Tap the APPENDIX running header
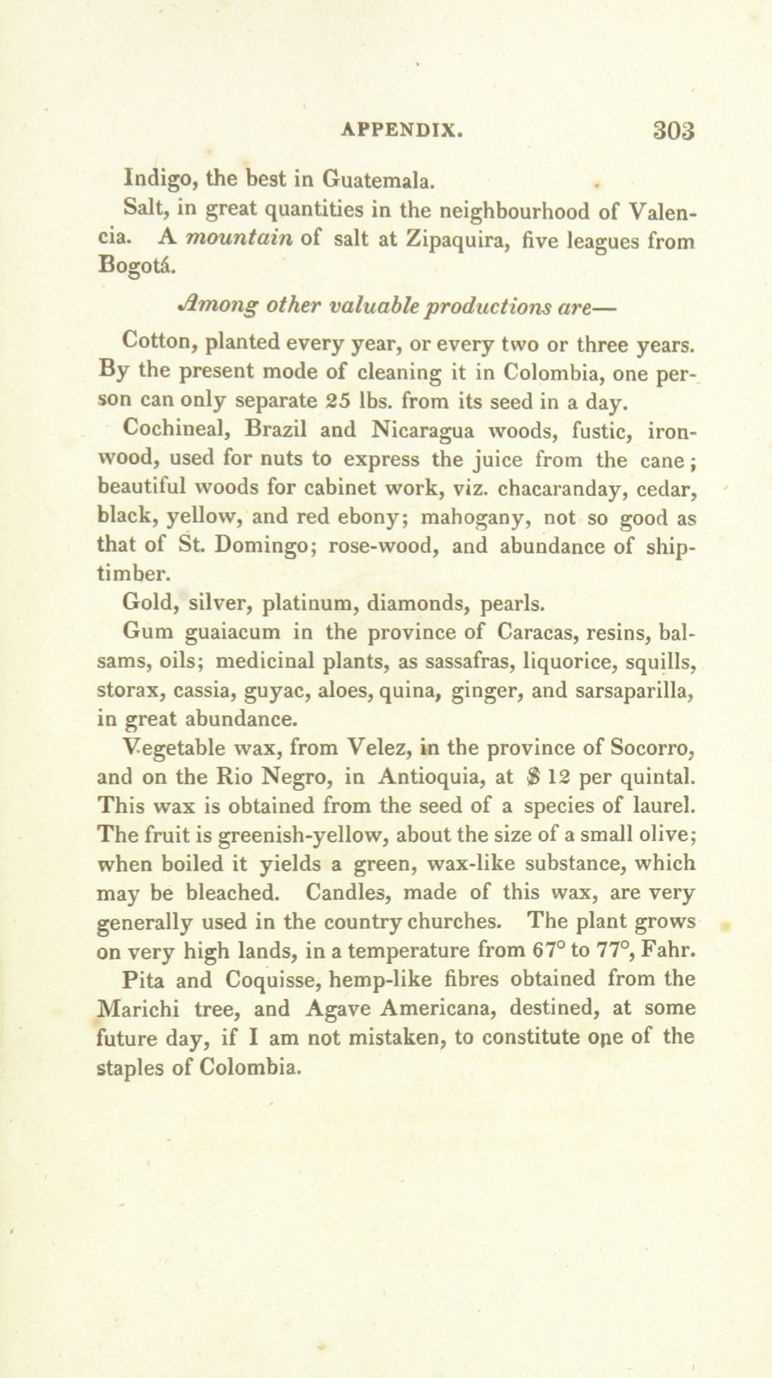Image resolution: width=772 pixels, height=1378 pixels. click(x=400, y=130)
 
